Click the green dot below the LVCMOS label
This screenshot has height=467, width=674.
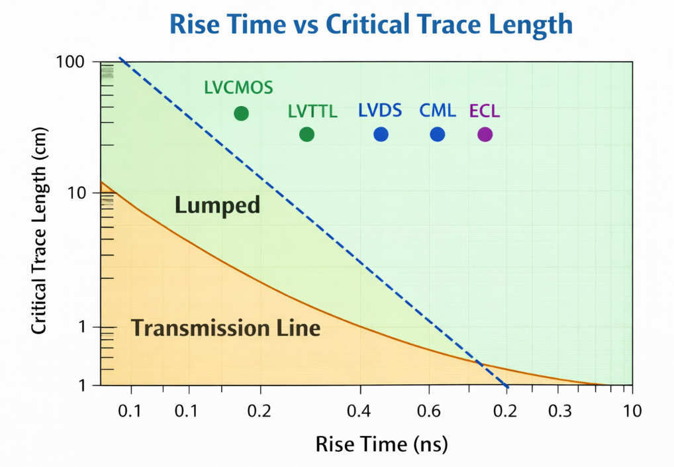coord(241,113)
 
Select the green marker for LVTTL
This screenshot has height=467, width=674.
coord(307,134)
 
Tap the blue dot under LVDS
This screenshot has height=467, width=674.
coord(381,134)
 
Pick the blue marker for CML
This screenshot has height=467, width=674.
coord(438,134)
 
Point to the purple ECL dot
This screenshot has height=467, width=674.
coord(485,134)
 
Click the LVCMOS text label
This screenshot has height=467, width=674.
coord(239,88)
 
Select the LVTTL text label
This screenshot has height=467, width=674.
coord(313,112)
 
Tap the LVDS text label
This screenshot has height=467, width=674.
coord(380,110)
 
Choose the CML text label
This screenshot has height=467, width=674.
coord(438,111)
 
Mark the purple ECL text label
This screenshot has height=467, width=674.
coord(485,111)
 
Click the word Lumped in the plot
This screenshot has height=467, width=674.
coord(217,206)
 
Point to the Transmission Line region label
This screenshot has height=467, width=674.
coord(226,327)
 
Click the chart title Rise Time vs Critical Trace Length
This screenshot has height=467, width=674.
coord(371,25)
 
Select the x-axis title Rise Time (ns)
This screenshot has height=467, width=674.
coord(382,443)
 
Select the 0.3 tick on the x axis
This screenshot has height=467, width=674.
coord(560,411)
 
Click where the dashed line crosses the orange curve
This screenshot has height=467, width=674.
coord(479,363)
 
